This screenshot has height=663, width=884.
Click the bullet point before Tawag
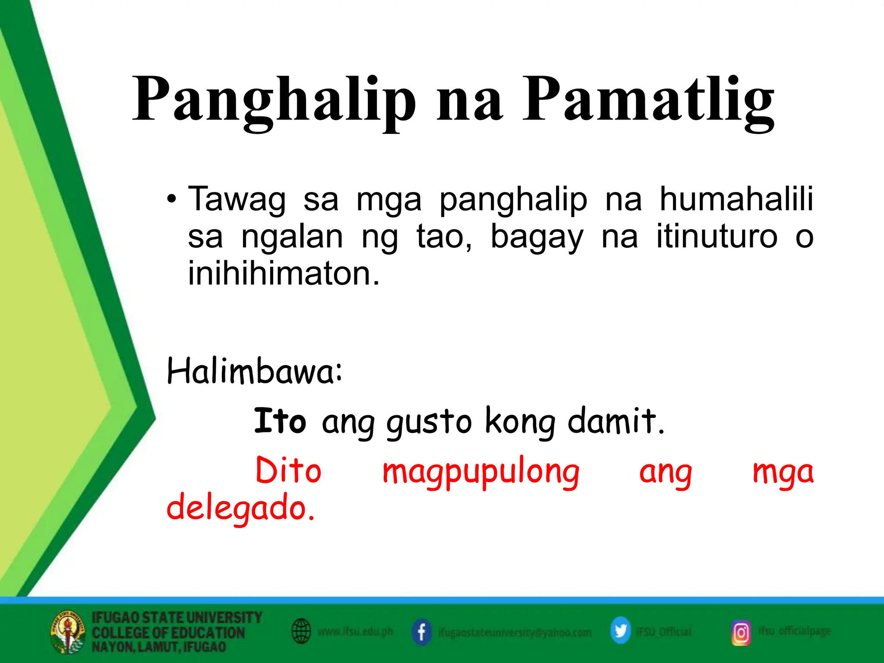tap(172, 199)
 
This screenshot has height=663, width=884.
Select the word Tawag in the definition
tap(237, 199)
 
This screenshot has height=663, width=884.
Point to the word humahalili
tap(736, 199)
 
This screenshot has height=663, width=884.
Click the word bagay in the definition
tap(537, 237)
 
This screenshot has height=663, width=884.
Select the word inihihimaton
tap(284, 274)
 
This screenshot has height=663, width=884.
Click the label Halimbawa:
tap(255, 371)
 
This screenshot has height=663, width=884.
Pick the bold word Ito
tap(280, 421)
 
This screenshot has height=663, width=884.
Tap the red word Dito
tap(288, 470)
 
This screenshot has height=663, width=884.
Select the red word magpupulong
tap(481, 472)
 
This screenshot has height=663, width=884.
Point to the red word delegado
tap(240, 508)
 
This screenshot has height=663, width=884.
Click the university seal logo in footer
tap(67, 632)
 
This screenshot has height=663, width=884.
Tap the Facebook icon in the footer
tap(421, 632)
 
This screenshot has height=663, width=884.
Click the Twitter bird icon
tap(620, 631)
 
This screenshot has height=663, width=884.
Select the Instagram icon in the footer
tap(741, 633)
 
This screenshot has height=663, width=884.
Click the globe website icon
tap(301, 631)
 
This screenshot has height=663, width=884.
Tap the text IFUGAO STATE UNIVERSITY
tap(177, 617)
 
